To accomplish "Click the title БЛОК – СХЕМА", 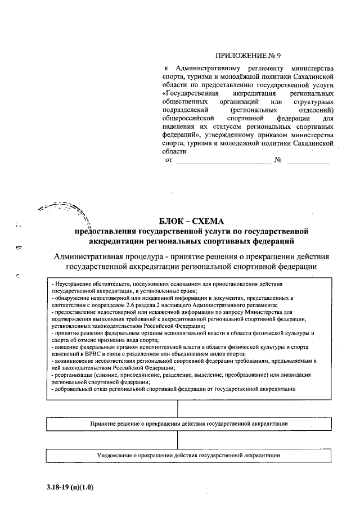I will (x=192, y=221).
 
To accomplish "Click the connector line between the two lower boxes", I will (x=178, y=439).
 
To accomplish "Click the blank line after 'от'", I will (x=223, y=161).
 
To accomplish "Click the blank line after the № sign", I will (x=309, y=161).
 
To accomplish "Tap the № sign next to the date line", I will (x=277, y=160).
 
